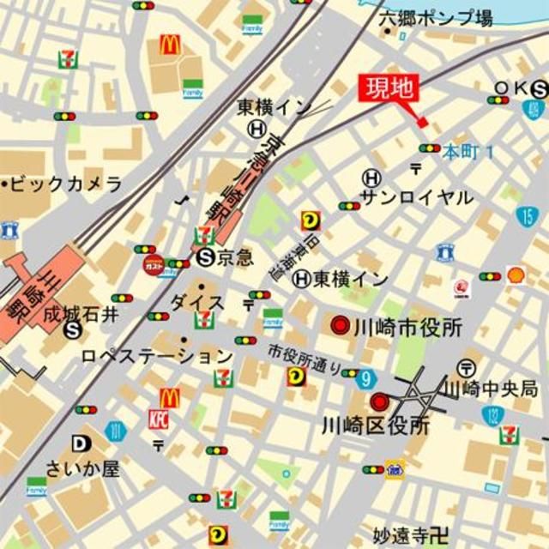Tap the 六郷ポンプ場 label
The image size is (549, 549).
[435, 16]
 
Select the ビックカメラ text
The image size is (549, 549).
[65, 184]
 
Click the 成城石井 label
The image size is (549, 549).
[83, 315]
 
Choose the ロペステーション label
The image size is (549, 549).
[158, 355]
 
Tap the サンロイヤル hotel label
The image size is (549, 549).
[416, 197]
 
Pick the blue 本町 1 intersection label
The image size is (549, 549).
[468, 151]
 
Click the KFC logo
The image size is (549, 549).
[159, 419]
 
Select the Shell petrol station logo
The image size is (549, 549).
[516, 274]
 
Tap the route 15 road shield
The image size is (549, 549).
[528, 216]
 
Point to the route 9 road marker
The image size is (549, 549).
[366, 377]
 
